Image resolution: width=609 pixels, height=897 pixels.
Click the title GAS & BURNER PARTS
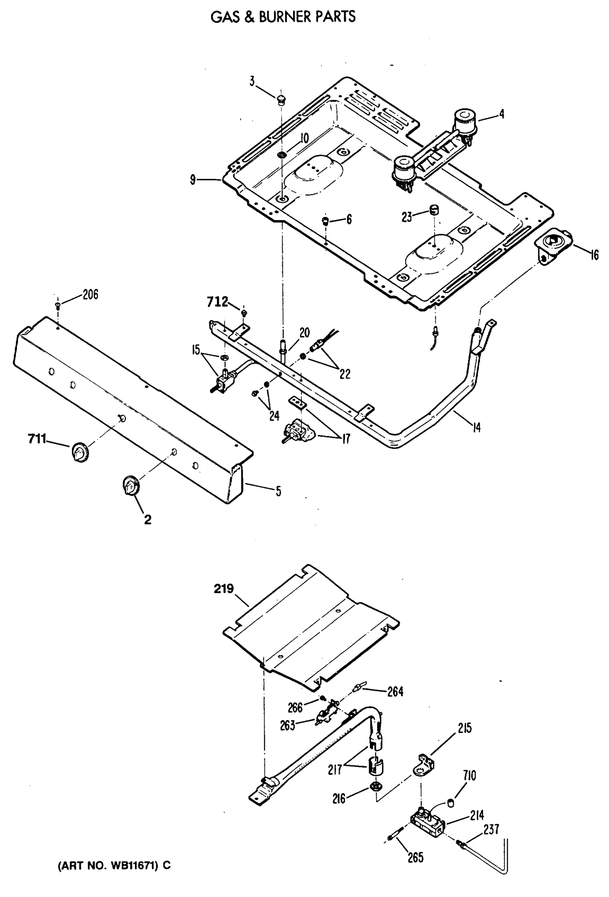(283, 17)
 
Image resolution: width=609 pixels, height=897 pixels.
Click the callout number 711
(37, 439)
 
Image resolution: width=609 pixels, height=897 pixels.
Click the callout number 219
(224, 589)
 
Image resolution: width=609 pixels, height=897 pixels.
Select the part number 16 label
(595, 255)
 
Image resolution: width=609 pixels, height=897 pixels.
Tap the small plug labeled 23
(435, 210)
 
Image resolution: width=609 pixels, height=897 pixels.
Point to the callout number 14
(477, 427)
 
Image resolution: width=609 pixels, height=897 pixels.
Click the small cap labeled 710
(450, 803)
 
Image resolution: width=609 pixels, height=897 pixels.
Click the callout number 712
(217, 302)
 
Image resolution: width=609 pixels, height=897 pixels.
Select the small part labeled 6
(325, 221)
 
